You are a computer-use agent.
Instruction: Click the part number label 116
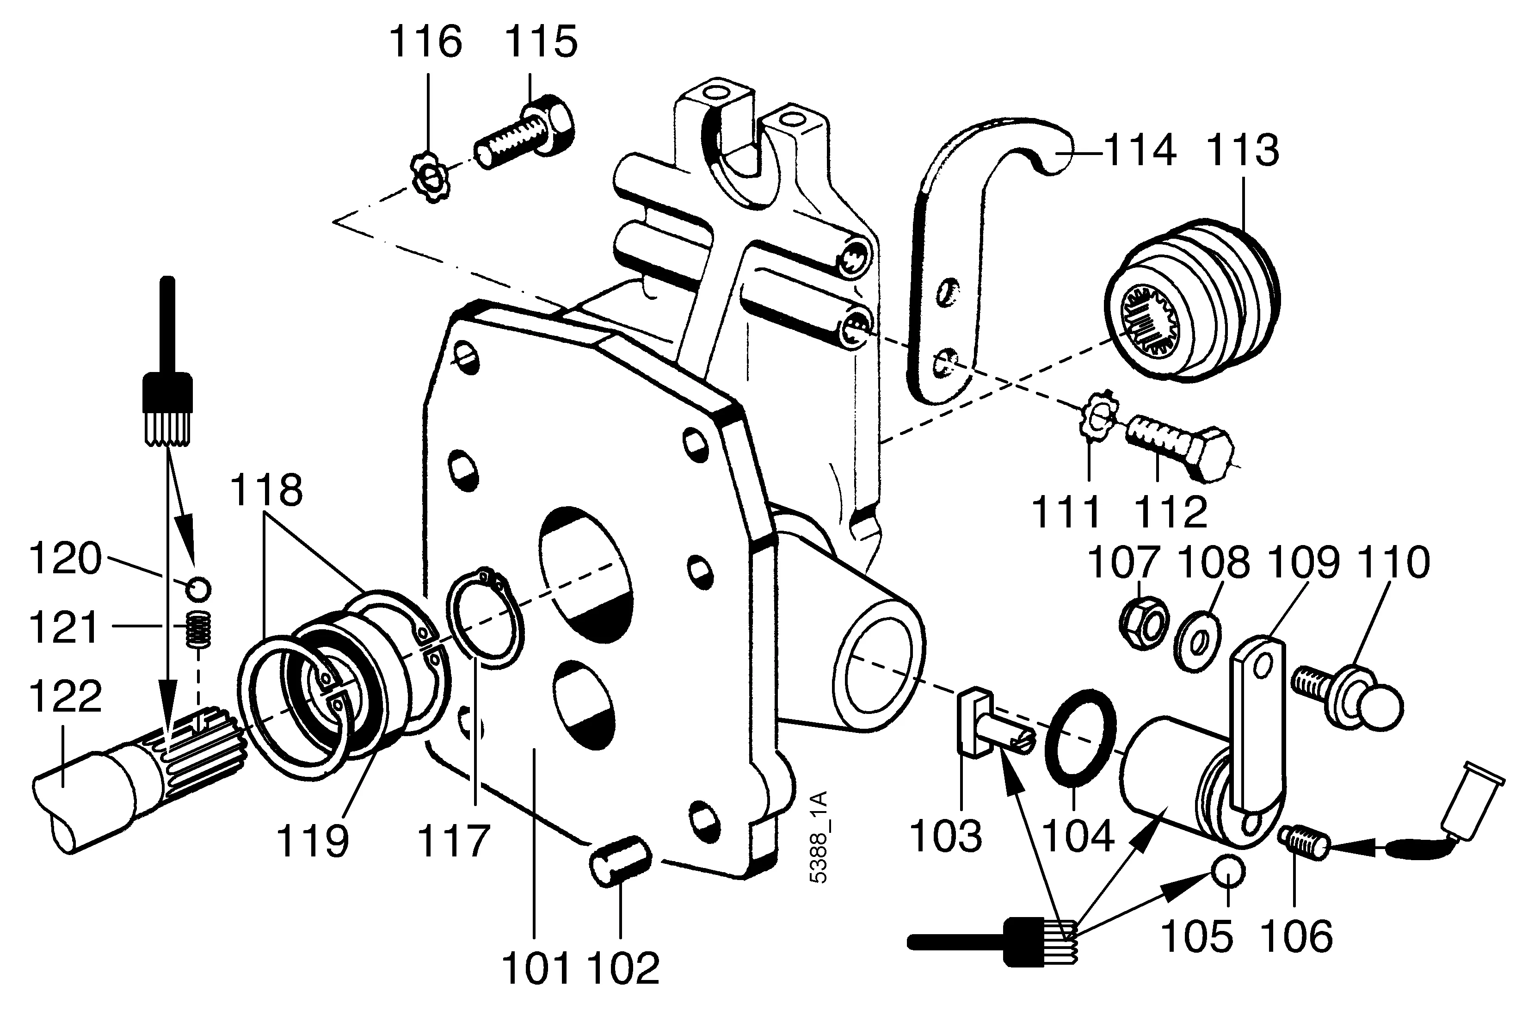click(x=425, y=43)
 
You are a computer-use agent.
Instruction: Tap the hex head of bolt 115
click(x=553, y=126)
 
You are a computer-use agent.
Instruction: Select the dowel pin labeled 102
click(x=621, y=860)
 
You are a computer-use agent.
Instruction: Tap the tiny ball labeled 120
click(x=198, y=589)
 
